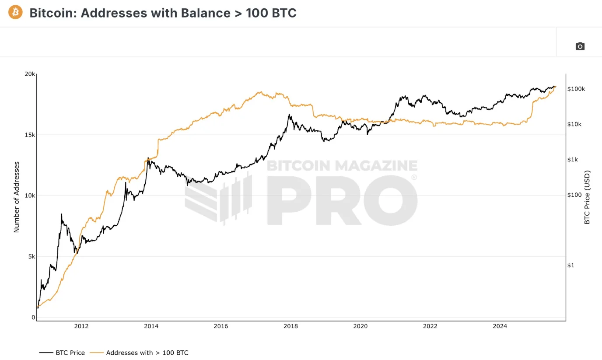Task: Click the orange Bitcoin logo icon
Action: [15, 12]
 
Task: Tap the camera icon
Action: [580, 46]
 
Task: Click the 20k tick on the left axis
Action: [30, 74]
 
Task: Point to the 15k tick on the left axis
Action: [30, 135]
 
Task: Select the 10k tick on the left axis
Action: [30, 196]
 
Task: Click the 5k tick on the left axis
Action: [31, 256]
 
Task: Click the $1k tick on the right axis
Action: [573, 160]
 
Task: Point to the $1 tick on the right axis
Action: [570, 265]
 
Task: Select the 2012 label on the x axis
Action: [81, 326]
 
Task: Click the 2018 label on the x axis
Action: [290, 326]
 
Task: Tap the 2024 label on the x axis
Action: [500, 326]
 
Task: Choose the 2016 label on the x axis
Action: [221, 326]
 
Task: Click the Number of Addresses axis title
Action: [17, 197]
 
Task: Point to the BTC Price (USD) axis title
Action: [587, 197]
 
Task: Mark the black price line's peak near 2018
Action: [289, 115]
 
